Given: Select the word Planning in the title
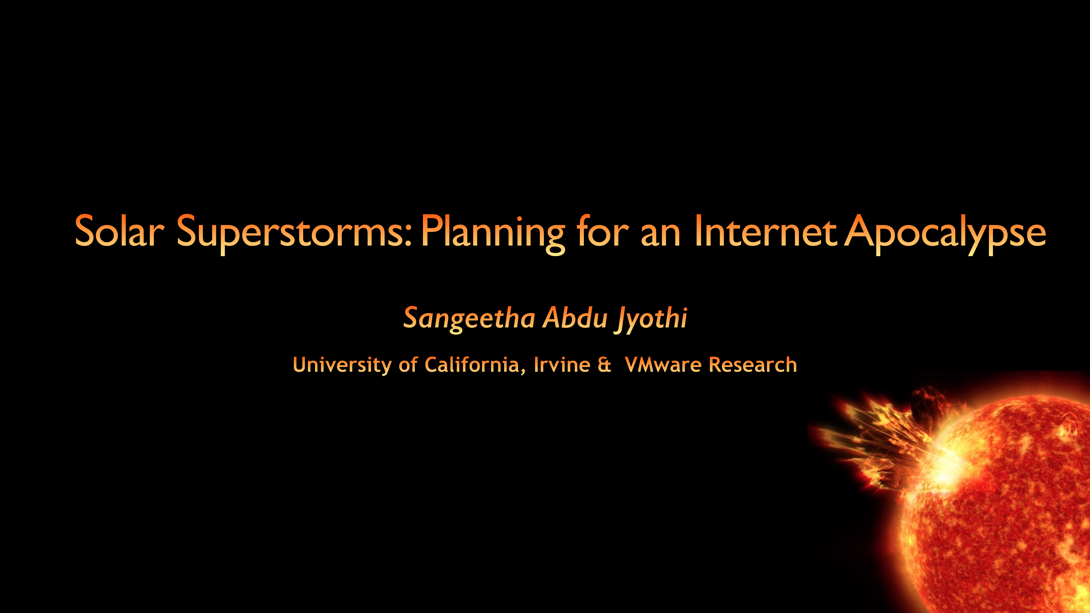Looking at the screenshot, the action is [493, 234].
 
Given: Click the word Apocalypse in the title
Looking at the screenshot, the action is [945, 234].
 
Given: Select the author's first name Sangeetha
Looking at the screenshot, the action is [469, 318].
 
